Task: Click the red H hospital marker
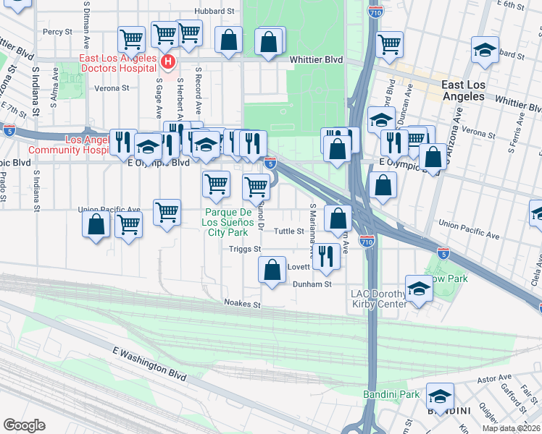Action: click(x=168, y=62)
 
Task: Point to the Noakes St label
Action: click(x=242, y=304)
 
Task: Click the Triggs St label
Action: click(x=245, y=250)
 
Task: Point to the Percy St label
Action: click(x=57, y=32)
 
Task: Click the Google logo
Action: click(x=24, y=425)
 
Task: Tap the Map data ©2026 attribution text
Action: click(x=511, y=428)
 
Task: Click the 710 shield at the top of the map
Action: click(x=373, y=12)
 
